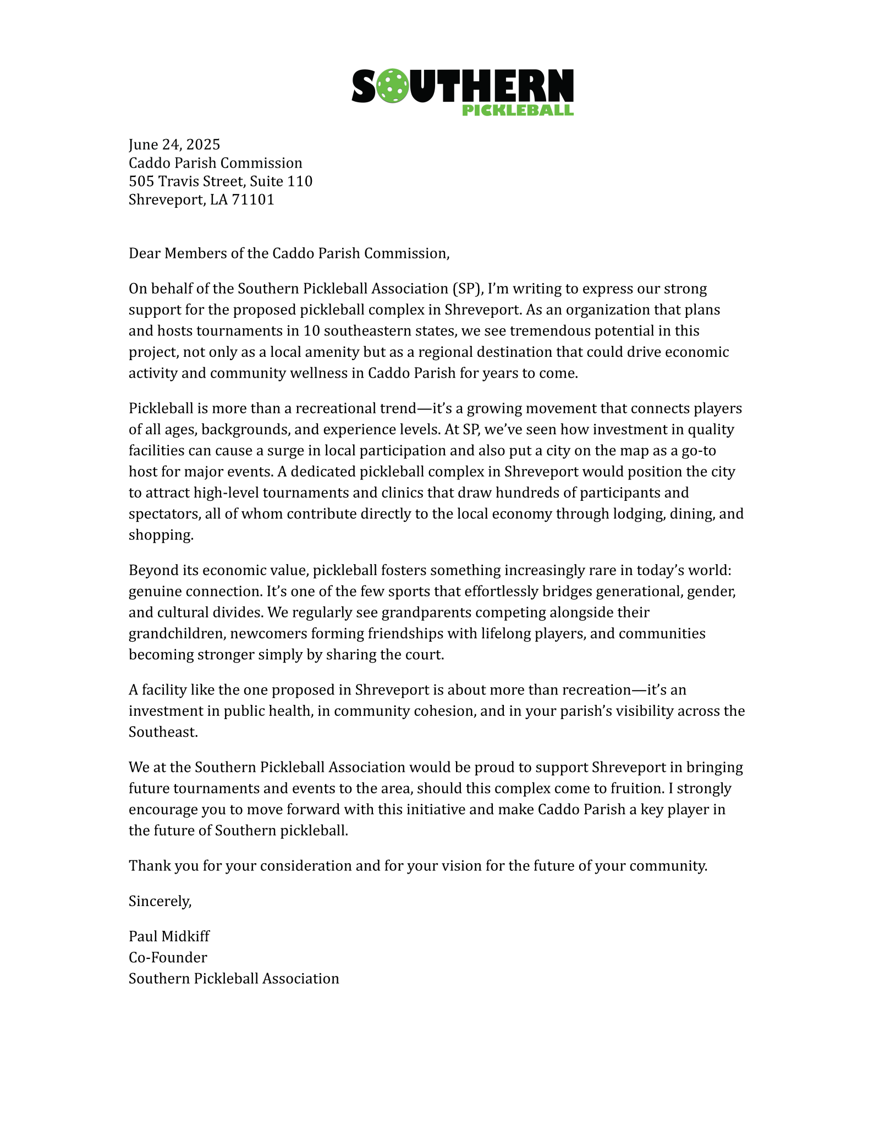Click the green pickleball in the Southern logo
[393, 86]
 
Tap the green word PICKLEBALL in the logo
[518, 110]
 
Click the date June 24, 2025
[174, 145]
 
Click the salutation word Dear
[145, 253]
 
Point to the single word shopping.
[161, 535]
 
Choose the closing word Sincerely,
[160, 901]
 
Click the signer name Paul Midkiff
[169, 936]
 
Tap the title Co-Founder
[168, 957]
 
